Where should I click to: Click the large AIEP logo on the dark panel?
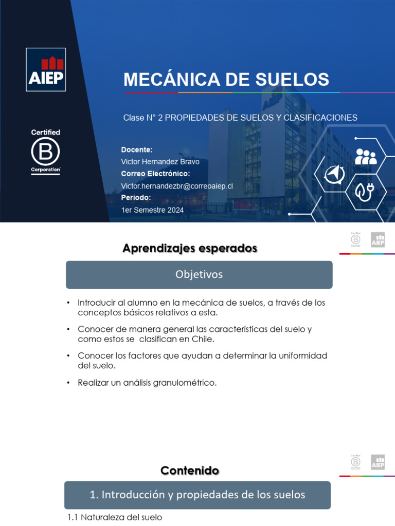pyautogui.click(x=46, y=69)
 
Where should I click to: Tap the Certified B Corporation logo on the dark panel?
pyautogui.click(x=45, y=152)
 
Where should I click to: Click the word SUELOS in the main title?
pyautogui.click(x=291, y=80)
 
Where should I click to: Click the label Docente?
pyautogui.click(x=137, y=149)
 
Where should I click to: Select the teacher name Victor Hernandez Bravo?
pyautogui.click(x=160, y=162)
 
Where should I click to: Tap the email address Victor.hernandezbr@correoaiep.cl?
pyautogui.click(x=177, y=186)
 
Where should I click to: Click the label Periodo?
pyautogui.click(x=136, y=198)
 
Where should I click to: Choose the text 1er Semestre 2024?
pyautogui.click(x=152, y=210)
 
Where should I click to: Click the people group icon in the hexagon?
pyautogui.click(x=366, y=156)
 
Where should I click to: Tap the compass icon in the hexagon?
pyautogui.click(x=334, y=175)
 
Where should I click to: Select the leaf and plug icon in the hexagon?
pyautogui.click(x=366, y=192)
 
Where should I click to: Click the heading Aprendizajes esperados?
pyautogui.click(x=190, y=249)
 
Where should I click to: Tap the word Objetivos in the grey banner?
pyautogui.click(x=199, y=275)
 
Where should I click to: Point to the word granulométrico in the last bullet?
pyautogui.click(x=186, y=383)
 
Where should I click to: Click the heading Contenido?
pyautogui.click(x=190, y=471)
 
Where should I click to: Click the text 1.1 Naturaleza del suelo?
pyautogui.click(x=115, y=517)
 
